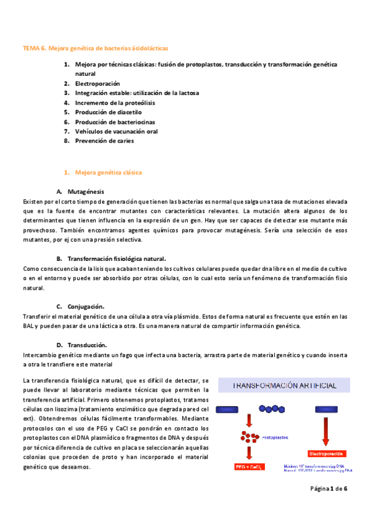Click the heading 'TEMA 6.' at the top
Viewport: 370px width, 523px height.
(34, 47)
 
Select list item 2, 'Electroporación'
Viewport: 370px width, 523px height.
(97, 83)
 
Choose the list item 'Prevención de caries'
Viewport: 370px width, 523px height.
(104, 141)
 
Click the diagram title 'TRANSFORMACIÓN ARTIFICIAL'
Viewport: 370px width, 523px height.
(284, 385)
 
